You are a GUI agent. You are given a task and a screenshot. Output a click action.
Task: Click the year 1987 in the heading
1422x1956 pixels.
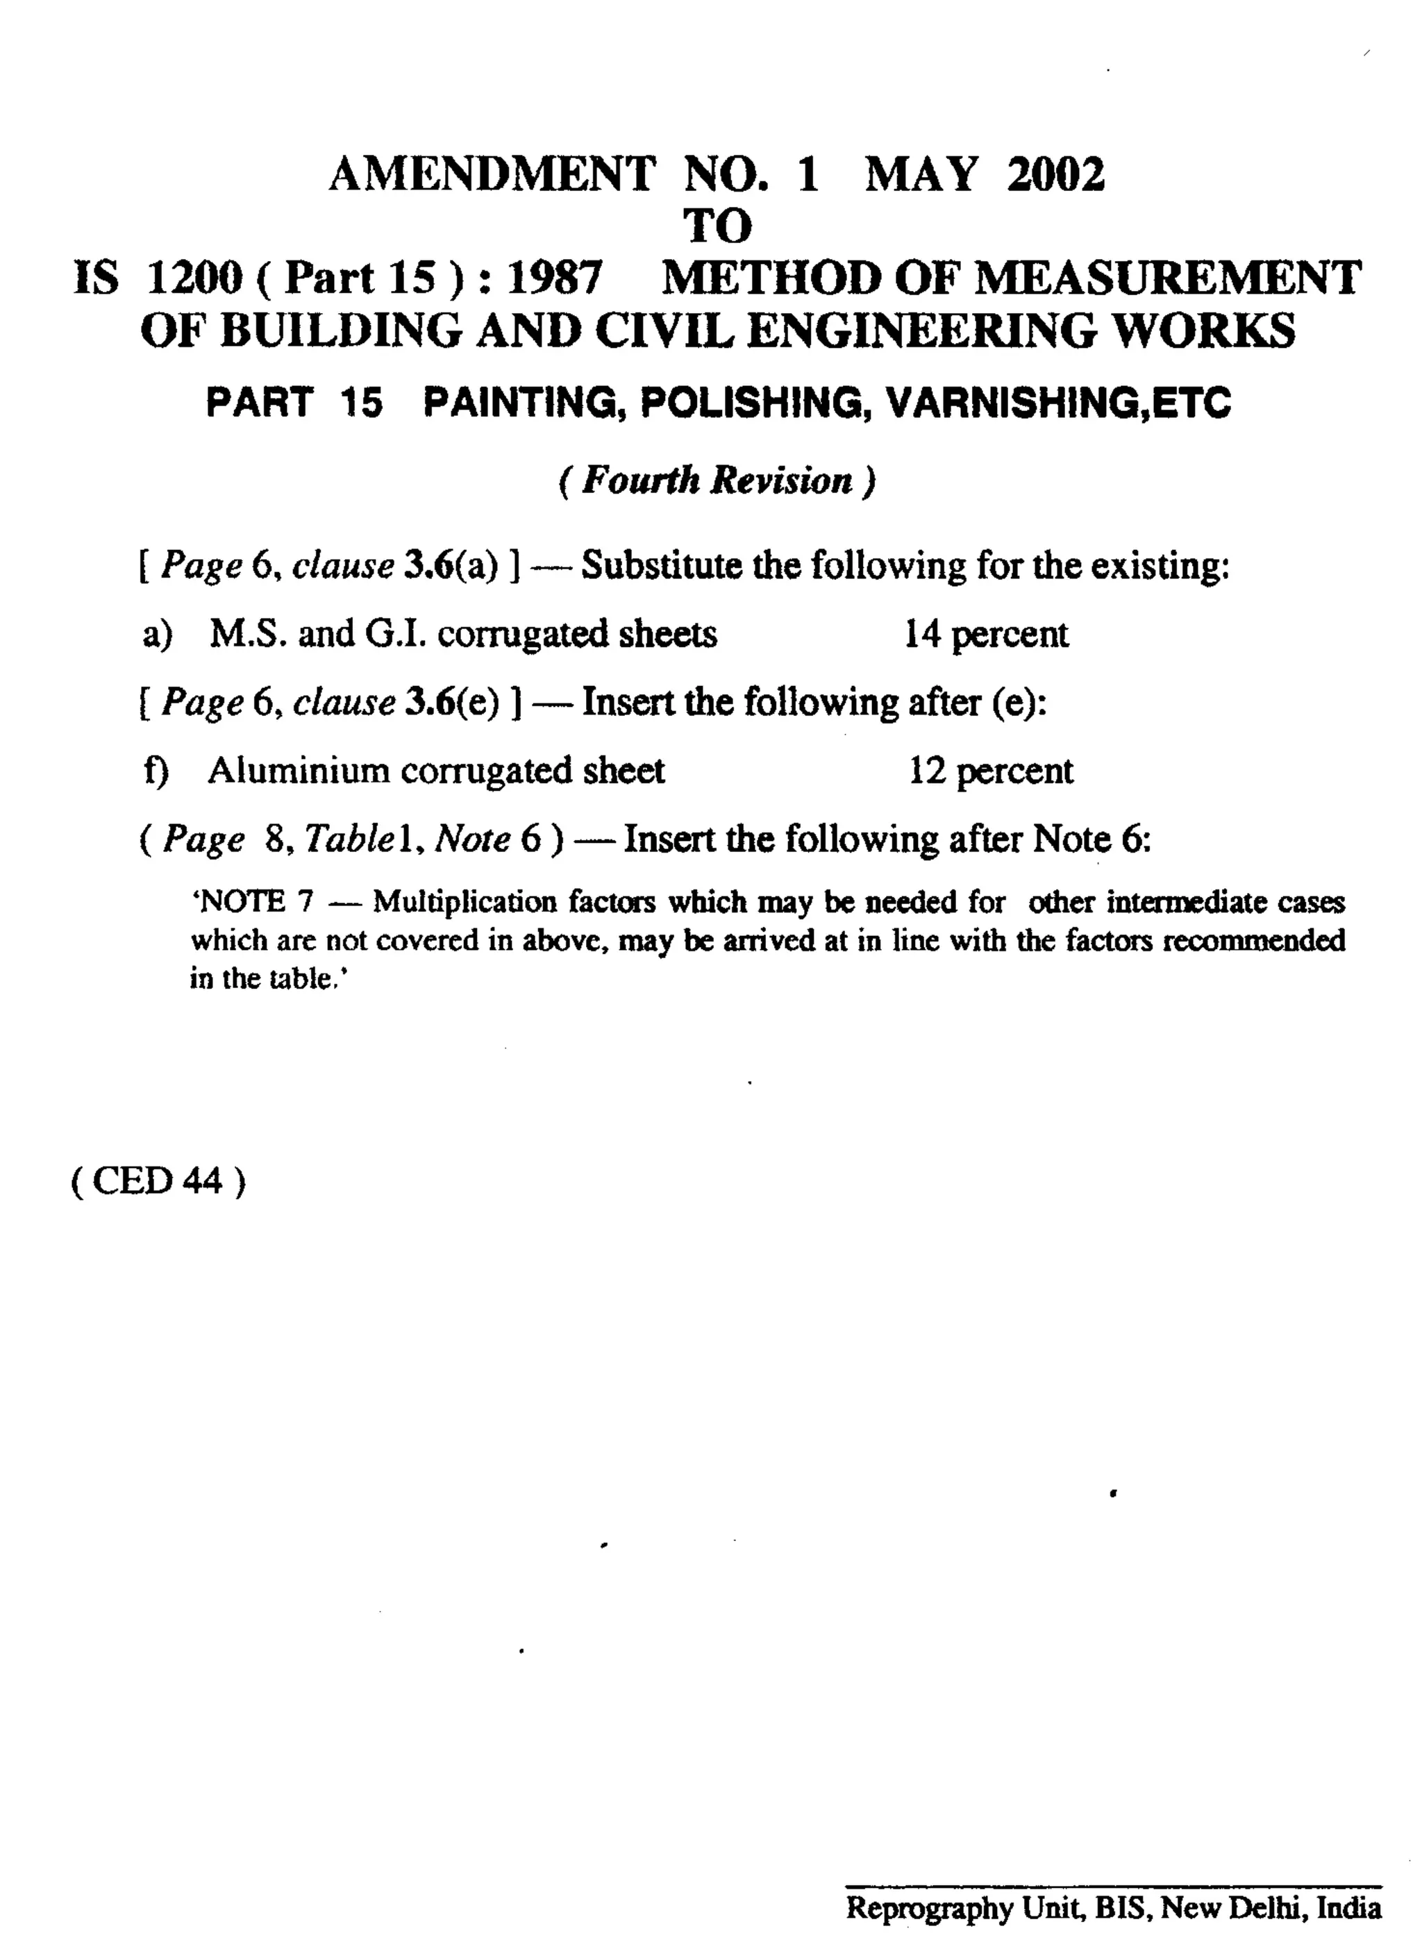pyautogui.click(x=555, y=278)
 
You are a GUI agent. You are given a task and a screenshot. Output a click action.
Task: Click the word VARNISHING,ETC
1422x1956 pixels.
pyautogui.click(x=1059, y=403)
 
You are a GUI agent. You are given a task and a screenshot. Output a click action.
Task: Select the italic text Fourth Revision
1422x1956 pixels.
pyautogui.click(x=717, y=480)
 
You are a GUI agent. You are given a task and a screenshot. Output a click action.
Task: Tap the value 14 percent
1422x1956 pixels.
pyautogui.click(x=986, y=634)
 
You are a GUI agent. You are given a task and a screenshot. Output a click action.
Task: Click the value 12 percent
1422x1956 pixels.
pyautogui.click(x=991, y=770)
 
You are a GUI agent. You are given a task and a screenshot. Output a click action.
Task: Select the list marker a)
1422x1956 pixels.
pyautogui.click(x=158, y=635)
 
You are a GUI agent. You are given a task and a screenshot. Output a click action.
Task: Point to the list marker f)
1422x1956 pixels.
pyautogui.click(x=156, y=770)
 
